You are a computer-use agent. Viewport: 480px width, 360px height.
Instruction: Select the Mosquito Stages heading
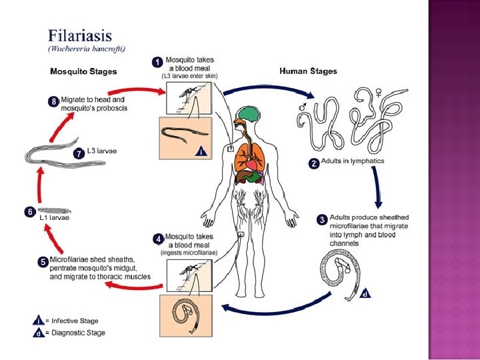coord(84,71)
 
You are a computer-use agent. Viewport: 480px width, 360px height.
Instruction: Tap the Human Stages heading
coord(307,71)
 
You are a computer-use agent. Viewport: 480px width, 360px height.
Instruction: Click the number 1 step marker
coord(157,61)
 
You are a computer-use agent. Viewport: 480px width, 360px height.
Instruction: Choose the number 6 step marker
coord(29,211)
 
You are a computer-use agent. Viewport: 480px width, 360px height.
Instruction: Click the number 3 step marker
coord(321,219)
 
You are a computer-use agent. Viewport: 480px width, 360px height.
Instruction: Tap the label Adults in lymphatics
coord(352,161)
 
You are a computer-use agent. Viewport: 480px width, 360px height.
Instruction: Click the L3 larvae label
coord(102,151)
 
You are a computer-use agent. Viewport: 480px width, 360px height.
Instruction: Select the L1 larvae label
coord(57,217)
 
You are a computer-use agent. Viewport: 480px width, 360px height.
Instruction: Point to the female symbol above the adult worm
coord(379,93)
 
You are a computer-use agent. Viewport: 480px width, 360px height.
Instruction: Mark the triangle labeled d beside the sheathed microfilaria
coord(365,293)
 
